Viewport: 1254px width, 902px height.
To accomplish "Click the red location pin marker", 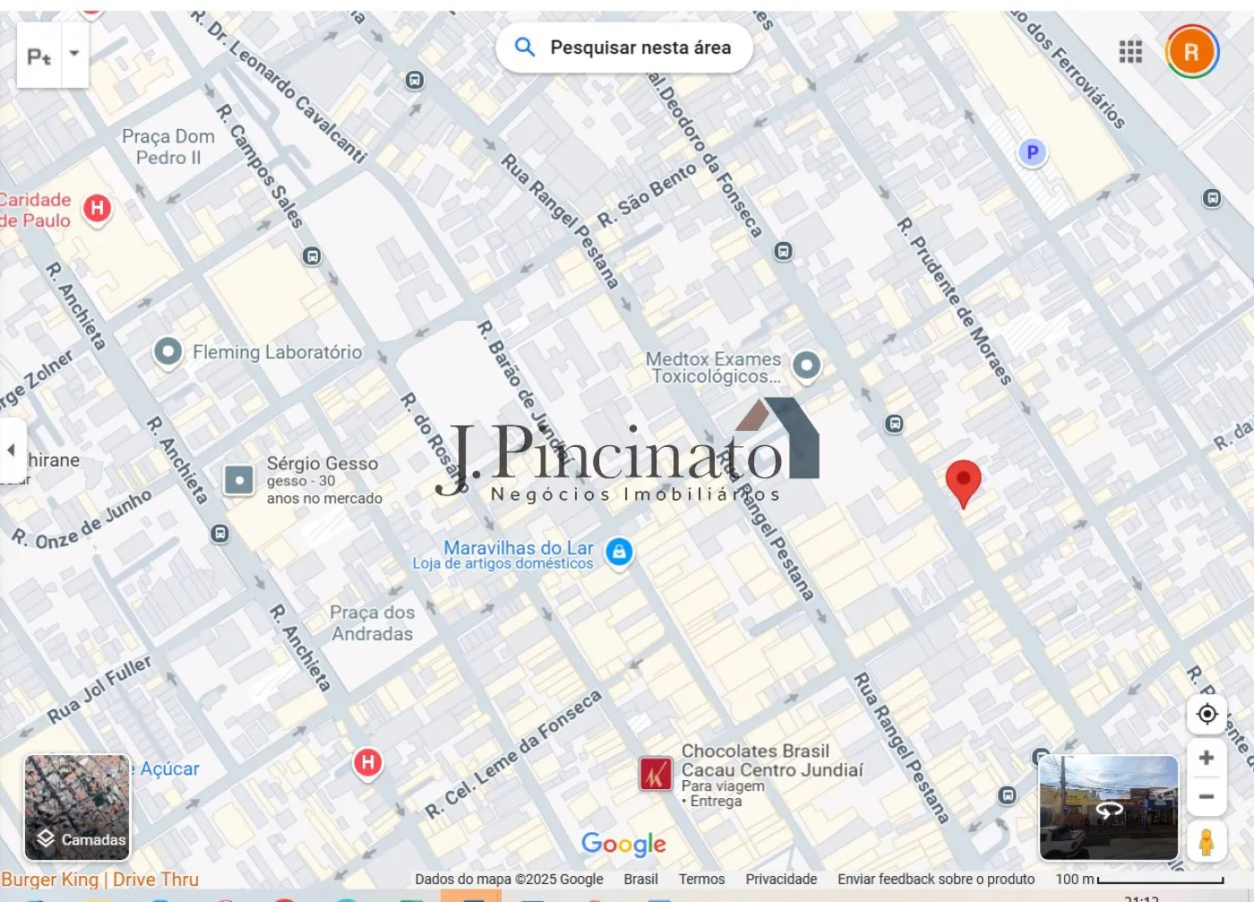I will [963, 480].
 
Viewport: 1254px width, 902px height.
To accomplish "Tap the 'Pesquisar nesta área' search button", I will [624, 47].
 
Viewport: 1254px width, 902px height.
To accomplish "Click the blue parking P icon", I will [1032, 152].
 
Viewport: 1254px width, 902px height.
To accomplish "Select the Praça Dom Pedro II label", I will [168, 147].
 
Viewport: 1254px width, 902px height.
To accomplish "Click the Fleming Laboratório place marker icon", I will [167, 351].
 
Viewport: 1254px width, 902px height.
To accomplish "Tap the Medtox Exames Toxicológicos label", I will [714, 367].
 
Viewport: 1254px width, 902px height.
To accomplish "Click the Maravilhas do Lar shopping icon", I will [619, 552].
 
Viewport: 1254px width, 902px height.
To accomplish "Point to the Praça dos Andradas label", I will [373, 623].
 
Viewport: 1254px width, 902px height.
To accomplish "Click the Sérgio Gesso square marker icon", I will [238, 480].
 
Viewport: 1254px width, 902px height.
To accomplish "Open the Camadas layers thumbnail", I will [77, 807].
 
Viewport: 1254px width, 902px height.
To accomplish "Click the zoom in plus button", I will [1207, 758].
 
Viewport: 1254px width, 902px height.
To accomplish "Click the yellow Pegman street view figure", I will [1207, 843].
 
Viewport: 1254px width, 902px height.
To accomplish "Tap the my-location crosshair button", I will [1207, 714].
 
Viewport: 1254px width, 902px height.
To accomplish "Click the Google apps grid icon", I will [1130, 52].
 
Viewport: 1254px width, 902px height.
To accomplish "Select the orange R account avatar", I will [1191, 52].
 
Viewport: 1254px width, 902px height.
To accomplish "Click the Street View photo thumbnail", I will [1108, 807].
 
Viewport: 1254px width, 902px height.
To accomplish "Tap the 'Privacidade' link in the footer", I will [781, 880].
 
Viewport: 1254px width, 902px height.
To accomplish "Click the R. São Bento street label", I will [647, 194].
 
